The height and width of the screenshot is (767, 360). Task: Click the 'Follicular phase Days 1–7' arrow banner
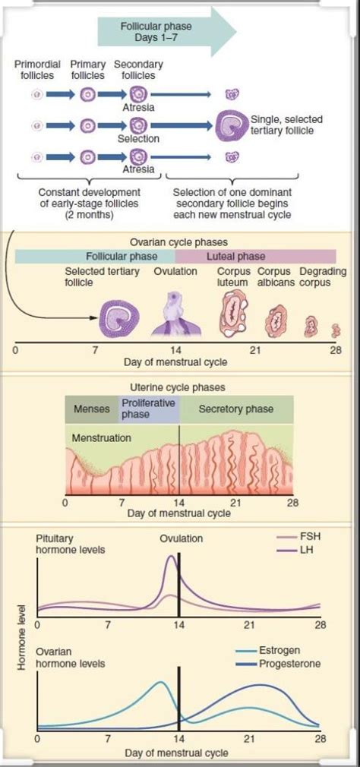159,31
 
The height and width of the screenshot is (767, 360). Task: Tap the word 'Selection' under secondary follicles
138,139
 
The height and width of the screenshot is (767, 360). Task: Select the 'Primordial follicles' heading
37,70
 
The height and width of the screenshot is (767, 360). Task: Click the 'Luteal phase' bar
236,257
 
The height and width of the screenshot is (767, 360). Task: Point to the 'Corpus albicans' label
275,276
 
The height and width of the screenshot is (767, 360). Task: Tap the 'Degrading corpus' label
323,276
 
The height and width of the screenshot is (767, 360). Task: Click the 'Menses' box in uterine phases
91,409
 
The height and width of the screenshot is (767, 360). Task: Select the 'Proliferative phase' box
148,409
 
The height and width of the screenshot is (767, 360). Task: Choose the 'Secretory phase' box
235,409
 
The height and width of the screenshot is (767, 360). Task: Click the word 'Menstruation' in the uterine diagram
101,438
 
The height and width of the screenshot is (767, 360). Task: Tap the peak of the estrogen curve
159,682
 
